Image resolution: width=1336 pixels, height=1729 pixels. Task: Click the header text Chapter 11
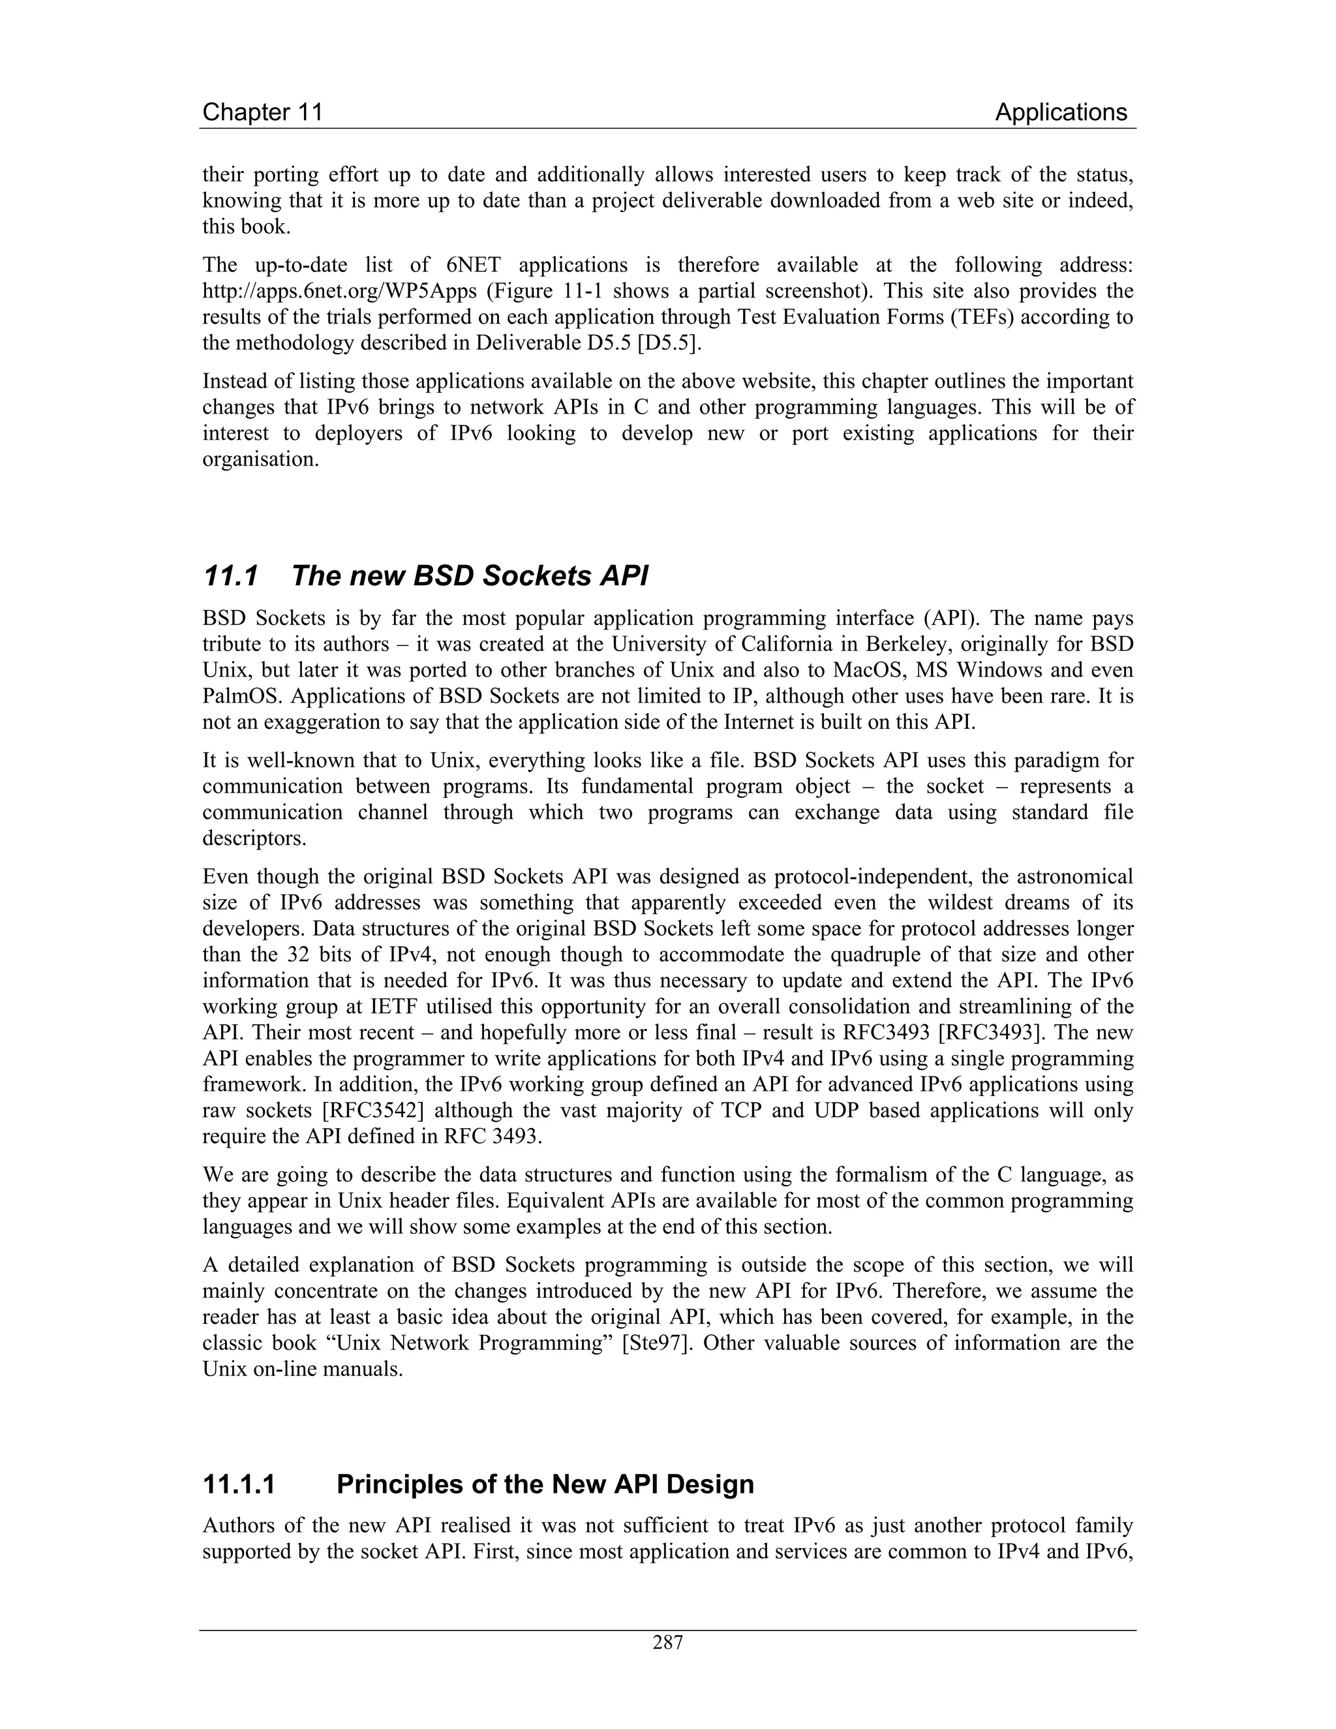pos(263,112)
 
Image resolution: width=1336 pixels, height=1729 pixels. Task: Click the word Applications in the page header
pos(1061,112)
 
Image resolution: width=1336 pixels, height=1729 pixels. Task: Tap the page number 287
pos(667,1643)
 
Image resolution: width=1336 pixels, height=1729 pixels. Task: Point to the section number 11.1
pos(230,576)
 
